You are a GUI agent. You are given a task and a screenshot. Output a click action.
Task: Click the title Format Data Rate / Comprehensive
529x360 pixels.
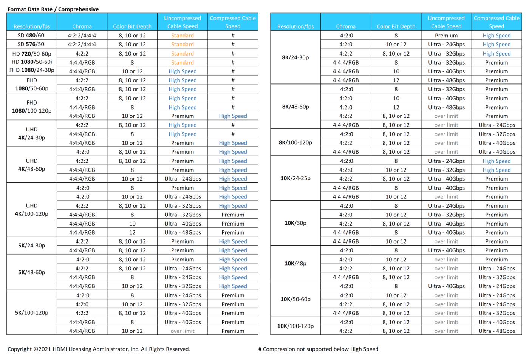click(x=53, y=9)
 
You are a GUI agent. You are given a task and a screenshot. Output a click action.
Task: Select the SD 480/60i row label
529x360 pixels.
click(x=32, y=35)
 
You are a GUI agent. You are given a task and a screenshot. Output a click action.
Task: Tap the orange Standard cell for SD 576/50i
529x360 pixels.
click(x=183, y=44)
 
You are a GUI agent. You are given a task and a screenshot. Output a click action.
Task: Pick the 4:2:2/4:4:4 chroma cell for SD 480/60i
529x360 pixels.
click(x=82, y=35)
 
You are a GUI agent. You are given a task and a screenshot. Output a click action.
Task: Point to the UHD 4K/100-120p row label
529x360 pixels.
click(x=32, y=210)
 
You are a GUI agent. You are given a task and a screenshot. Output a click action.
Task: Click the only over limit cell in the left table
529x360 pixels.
click(x=183, y=331)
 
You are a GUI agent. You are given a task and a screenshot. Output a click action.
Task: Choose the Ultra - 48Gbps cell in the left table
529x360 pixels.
click(x=183, y=232)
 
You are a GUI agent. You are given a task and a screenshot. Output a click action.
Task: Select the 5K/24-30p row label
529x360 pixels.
click(x=32, y=246)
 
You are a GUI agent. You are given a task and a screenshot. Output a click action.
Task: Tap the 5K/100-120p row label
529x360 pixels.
click(x=32, y=313)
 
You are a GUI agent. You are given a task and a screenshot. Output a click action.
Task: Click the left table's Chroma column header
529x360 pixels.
click(x=82, y=26)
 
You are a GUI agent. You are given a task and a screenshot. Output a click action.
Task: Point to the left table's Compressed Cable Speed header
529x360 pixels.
click(x=233, y=22)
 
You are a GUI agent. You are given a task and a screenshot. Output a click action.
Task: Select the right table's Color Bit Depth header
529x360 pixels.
click(x=396, y=26)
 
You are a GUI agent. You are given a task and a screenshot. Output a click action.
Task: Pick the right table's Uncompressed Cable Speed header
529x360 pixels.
click(x=446, y=22)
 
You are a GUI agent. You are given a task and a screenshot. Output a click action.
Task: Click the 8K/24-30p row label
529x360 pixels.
click(x=295, y=57)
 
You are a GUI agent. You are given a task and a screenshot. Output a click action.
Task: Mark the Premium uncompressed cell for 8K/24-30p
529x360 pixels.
click(x=446, y=35)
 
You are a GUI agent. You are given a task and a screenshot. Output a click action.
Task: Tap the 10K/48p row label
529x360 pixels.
click(x=295, y=263)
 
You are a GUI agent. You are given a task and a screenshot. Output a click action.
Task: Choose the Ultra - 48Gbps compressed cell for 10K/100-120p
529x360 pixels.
click(x=497, y=331)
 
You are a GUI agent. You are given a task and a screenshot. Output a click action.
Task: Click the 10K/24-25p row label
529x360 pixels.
click(x=295, y=178)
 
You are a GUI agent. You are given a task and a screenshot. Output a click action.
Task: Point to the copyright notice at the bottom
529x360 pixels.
click(x=99, y=349)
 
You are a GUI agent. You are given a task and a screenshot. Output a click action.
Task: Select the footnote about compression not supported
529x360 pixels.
click(x=318, y=349)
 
